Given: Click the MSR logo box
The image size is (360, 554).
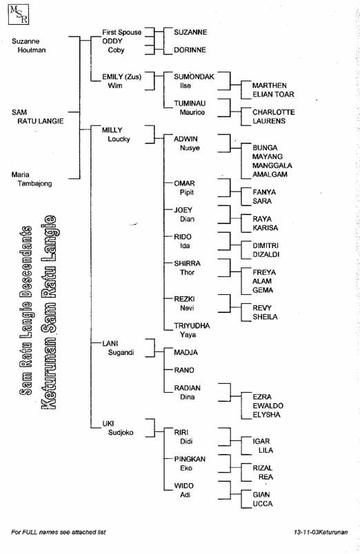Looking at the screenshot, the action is point(19,14).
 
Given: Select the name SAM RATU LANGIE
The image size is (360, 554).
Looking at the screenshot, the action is point(37,116).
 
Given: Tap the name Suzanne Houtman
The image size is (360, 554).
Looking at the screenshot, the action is point(29,45).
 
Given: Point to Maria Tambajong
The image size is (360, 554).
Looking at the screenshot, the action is point(32,178).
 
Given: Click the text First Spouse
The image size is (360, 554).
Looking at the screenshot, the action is point(121,32).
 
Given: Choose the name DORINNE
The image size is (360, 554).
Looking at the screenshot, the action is point(190,50).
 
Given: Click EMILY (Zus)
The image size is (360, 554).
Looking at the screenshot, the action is point(121,76).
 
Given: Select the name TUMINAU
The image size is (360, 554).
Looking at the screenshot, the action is point(190,103).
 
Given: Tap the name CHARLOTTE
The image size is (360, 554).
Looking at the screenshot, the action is point(274,112).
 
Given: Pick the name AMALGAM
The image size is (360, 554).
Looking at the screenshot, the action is point(270,174).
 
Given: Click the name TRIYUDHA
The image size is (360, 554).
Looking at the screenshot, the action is point(192,325).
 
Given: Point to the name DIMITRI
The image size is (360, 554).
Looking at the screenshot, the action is point(266,245).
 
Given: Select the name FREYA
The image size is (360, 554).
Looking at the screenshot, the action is point(264,272).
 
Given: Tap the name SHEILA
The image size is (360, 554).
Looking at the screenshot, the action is point(266,316).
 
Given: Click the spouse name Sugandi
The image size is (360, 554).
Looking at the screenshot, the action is point(121,352).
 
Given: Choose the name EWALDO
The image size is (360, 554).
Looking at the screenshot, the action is point(268,406).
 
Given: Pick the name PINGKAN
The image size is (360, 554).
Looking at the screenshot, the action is point(190,459).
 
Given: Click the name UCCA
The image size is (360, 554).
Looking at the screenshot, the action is point(263,504).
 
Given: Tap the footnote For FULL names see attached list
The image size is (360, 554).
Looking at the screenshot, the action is point(59,532).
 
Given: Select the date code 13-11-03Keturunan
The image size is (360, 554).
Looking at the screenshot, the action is point(321,532).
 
